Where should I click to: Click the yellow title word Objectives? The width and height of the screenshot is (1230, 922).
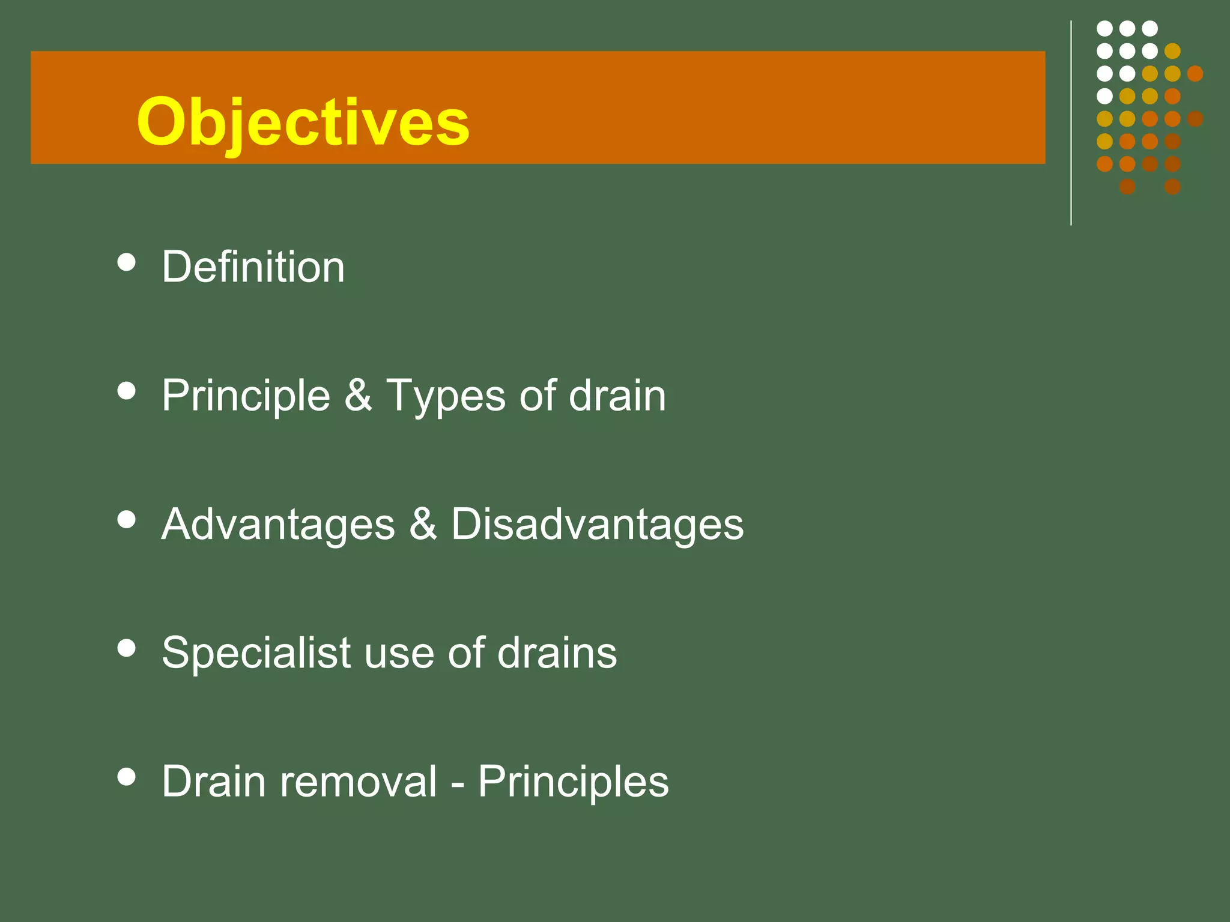click(x=303, y=123)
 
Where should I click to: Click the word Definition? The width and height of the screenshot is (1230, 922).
click(x=253, y=267)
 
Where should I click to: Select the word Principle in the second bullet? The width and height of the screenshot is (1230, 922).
click(x=246, y=396)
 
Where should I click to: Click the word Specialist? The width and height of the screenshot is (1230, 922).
click(x=256, y=653)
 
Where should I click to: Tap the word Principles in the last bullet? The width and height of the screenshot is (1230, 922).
click(x=573, y=782)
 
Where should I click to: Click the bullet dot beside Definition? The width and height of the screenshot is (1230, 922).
click(x=126, y=262)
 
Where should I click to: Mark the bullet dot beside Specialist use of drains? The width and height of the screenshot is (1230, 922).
click(x=126, y=648)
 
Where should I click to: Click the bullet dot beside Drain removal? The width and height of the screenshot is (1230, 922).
click(x=126, y=777)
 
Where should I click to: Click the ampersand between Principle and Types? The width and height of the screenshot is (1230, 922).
click(x=358, y=396)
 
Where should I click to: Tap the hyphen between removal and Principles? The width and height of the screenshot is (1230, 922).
click(x=457, y=784)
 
